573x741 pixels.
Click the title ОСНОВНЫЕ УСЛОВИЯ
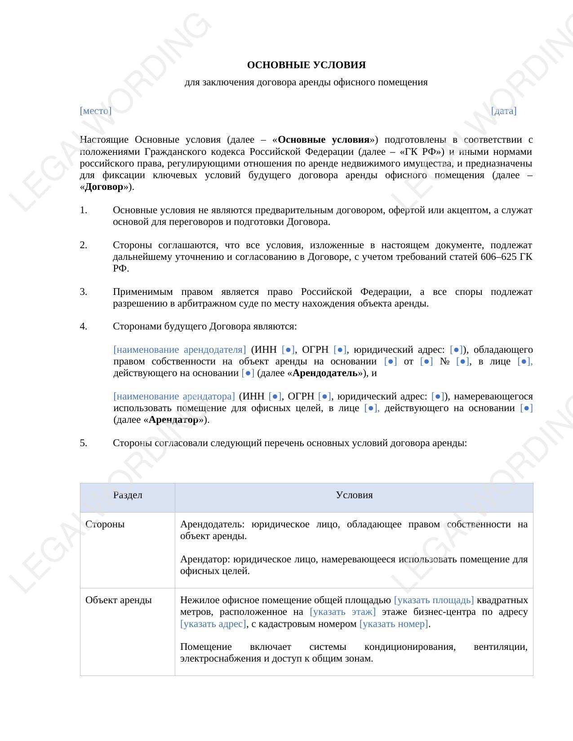(x=306, y=65)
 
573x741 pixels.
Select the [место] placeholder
(x=95, y=111)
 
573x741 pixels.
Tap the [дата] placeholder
(x=503, y=111)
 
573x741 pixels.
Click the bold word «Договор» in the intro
(x=104, y=187)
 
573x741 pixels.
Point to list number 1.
(x=84, y=210)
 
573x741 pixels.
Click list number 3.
(x=84, y=292)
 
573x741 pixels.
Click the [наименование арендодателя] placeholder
(x=179, y=350)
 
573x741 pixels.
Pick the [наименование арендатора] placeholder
(x=174, y=396)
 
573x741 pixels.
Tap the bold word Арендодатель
(x=325, y=373)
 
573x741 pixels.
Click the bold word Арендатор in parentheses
(x=173, y=420)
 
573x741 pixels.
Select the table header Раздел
(x=128, y=495)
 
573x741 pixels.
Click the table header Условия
(x=354, y=495)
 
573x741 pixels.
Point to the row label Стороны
(x=105, y=524)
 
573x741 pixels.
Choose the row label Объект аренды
(x=118, y=600)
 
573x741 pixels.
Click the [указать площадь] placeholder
(x=434, y=600)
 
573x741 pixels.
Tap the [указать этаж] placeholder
(x=342, y=612)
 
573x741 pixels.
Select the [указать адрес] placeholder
(x=213, y=624)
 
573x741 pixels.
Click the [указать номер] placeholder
(x=394, y=624)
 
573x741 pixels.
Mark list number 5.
(x=84, y=443)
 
